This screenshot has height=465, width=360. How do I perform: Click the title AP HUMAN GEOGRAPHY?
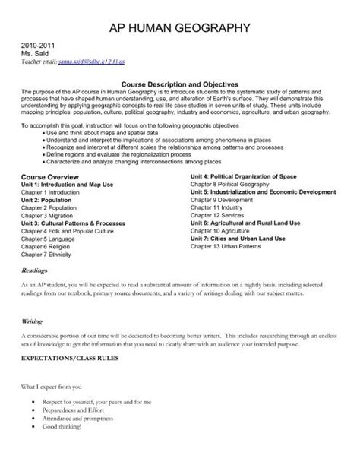(179, 30)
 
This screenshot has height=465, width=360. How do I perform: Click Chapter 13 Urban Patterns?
(224, 270)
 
